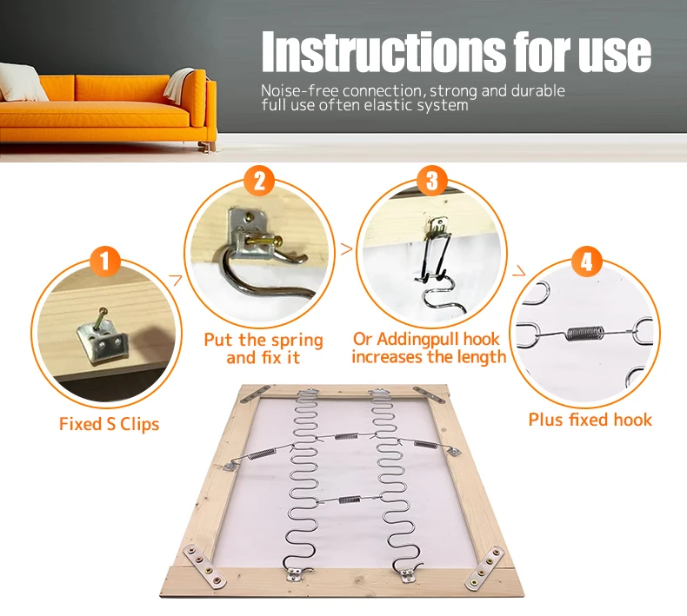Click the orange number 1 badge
(104, 262)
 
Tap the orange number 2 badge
(259, 181)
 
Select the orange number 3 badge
(432, 180)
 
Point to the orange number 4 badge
(586, 262)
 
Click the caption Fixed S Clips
(109, 424)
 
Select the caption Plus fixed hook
(590, 420)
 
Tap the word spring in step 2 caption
(297, 341)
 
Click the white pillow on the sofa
(22, 83)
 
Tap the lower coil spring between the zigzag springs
(350, 499)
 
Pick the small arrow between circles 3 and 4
(519, 271)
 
